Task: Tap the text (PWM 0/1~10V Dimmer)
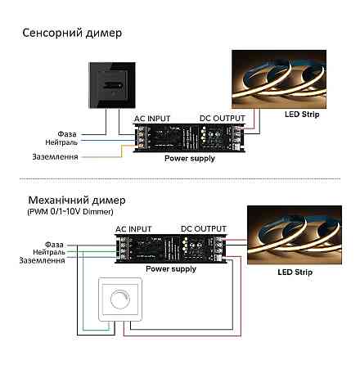65,212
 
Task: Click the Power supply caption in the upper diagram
190,158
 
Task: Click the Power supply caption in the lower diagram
171,268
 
